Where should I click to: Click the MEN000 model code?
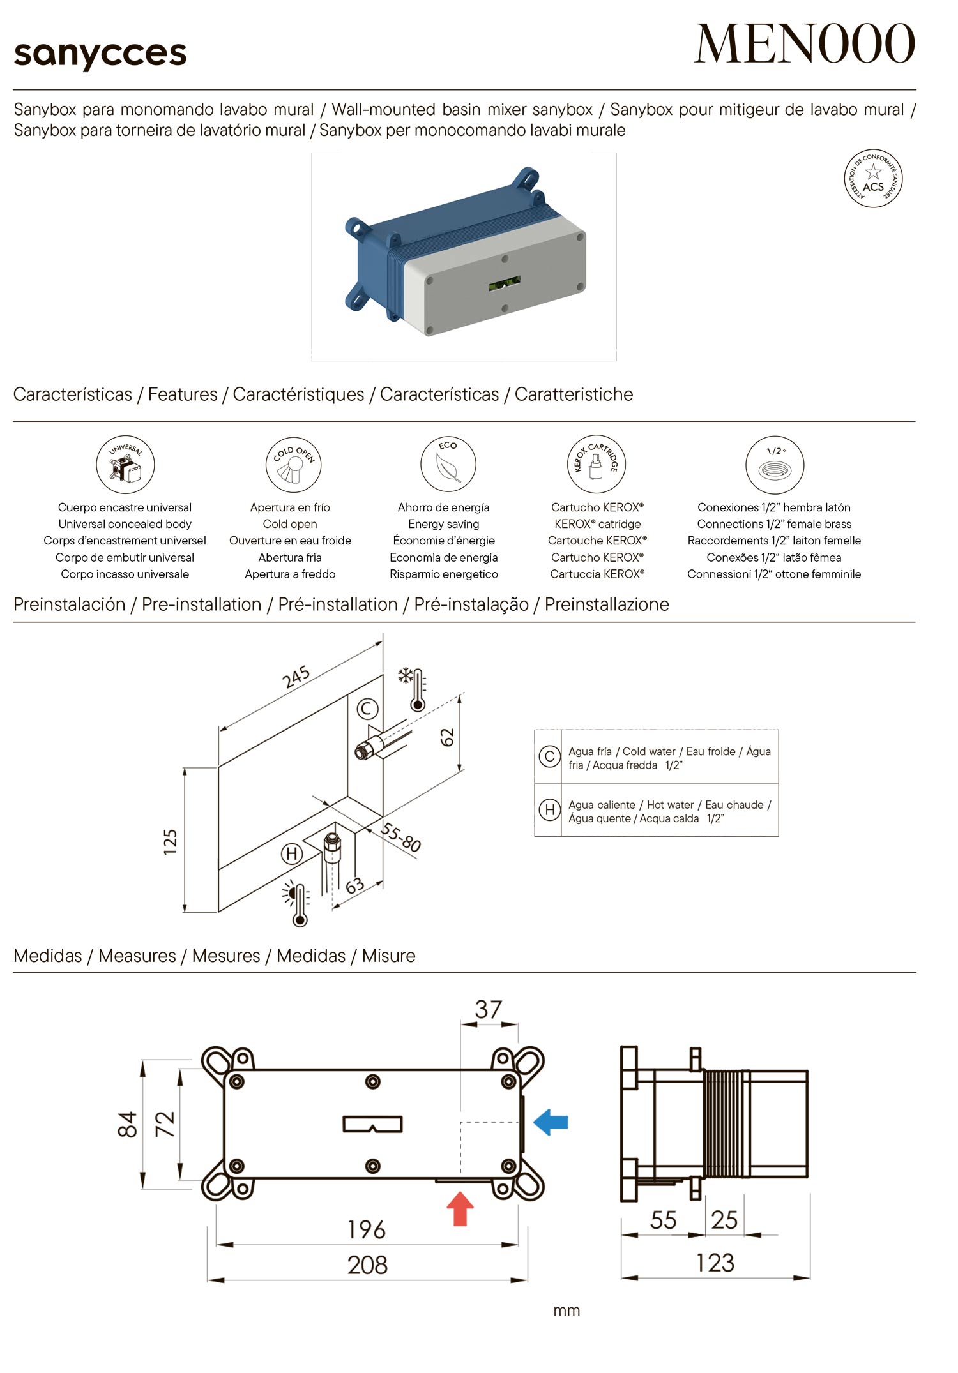click(x=804, y=44)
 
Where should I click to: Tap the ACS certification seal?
click(x=873, y=179)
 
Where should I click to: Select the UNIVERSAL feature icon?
click(x=125, y=464)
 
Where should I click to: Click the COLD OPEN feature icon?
click(x=293, y=464)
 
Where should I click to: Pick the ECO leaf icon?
click(x=448, y=464)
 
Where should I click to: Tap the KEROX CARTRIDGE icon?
click(x=596, y=464)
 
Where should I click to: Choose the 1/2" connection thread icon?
click(x=774, y=465)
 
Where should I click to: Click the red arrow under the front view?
click(x=459, y=1209)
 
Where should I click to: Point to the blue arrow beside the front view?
click(x=551, y=1122)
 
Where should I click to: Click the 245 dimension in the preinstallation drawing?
click(x=296, y=677)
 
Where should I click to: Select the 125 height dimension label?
click(x=170, y=841)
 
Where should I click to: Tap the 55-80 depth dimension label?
click(x=400, y=837)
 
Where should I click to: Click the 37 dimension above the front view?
click(x=489, y=1009)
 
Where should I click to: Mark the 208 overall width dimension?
click(x=367, y=1264)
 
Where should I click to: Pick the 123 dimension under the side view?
click(x=715, y=1263)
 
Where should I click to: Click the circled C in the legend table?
click(x=549, y=756)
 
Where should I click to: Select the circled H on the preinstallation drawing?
click(x=292, y=853)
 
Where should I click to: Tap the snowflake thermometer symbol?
click(x=413, y=689)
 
